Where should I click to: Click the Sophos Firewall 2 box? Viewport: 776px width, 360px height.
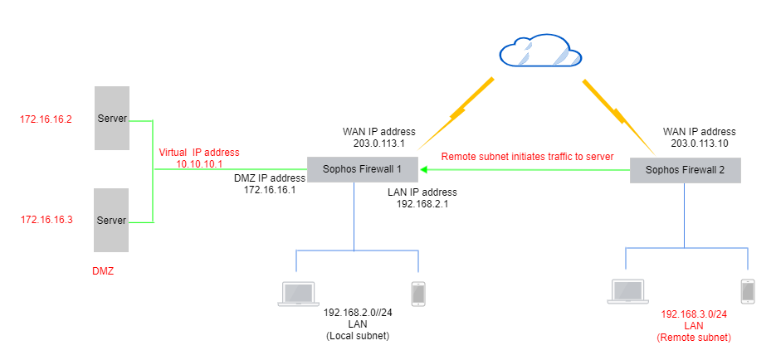click(x=685, y=171)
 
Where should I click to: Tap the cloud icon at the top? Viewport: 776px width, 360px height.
click(x=539, y=53)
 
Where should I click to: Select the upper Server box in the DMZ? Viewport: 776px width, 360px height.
click(x=112, y=118)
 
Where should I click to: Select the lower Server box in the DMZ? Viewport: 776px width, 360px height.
click(x=112, y=220)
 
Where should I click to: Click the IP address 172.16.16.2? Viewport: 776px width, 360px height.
click(x=46, y=119)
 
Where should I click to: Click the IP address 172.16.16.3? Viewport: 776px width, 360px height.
click(x=46, y=220)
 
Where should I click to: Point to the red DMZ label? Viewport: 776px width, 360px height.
click(x=104, y=271)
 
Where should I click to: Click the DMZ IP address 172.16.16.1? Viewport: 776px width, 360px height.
click(x=270, y=190)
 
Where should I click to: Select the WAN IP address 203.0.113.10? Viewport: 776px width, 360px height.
click(x=699, y=144)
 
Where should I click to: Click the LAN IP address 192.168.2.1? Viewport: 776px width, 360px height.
click(x=422, y=203)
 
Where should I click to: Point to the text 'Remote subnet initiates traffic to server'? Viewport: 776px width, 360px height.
click(x=527, y=157)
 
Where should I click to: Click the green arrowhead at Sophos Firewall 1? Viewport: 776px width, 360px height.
click(x=422, y=170)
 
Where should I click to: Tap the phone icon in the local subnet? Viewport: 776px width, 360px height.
click(x=418, y=293)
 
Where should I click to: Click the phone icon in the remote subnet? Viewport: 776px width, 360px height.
click(x=749, y=290)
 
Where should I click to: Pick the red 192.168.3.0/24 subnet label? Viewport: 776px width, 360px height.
click(x=694, y=315)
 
